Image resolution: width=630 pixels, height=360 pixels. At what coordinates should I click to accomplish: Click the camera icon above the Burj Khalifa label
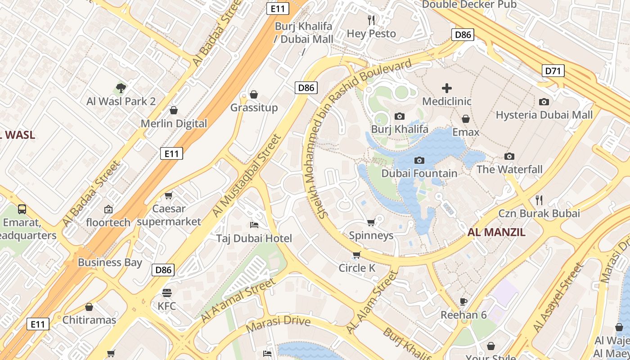pos(399,116)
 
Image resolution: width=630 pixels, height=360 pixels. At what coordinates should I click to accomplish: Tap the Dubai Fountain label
pos(419,173)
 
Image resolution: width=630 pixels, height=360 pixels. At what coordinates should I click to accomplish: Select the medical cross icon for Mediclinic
pos(446,88)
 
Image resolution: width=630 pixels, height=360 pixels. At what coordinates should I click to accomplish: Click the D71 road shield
pos(553,71)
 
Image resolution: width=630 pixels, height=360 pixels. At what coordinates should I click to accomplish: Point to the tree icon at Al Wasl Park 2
pos(121,88)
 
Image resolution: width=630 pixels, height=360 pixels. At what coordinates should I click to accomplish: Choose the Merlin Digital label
pos(174,123)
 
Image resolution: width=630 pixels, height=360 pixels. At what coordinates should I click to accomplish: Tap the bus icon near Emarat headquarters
pos(22,209)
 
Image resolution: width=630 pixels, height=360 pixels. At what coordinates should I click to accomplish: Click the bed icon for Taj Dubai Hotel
pos(254,225)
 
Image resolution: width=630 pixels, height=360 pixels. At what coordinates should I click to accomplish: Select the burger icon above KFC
pos(166,293)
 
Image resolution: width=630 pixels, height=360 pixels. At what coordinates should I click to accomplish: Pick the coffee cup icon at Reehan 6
pos(463,301)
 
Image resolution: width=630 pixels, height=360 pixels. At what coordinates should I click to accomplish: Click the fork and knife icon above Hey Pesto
pos(371,20)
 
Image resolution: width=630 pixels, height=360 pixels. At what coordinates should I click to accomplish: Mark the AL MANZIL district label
pos(496,233)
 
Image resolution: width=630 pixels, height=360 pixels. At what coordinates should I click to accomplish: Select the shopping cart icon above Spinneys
pos(371,222)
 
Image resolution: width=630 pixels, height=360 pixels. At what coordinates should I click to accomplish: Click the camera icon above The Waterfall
pos(509,156)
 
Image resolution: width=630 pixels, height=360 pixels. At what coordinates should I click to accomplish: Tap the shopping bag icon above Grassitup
pos(254,94)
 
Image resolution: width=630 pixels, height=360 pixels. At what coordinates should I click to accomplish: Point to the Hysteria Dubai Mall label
pos(544,115)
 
